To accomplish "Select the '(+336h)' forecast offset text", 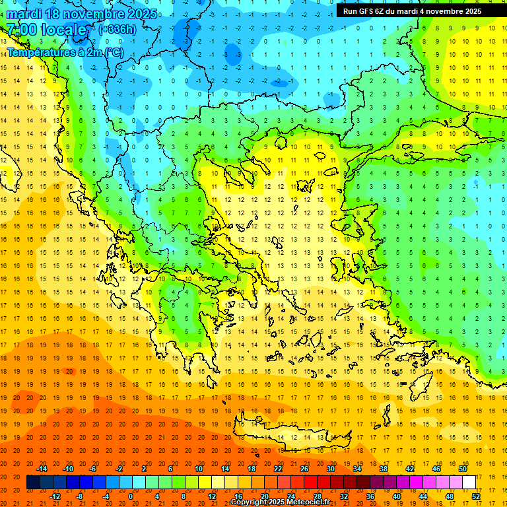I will tap(117, 29).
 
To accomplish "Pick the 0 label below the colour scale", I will tap(131, 496).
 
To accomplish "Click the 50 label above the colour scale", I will tap(463, 469).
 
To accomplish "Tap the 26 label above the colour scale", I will tap(304, 469).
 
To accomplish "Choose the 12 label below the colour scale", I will tap(212, 496).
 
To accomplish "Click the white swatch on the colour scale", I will tap(469, 483).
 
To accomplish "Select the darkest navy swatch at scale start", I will tap(33, 483).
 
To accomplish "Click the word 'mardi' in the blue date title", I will tap(24, 14).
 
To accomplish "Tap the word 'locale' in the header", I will tap(64, 30).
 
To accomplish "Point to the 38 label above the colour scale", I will tap(384, 469).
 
